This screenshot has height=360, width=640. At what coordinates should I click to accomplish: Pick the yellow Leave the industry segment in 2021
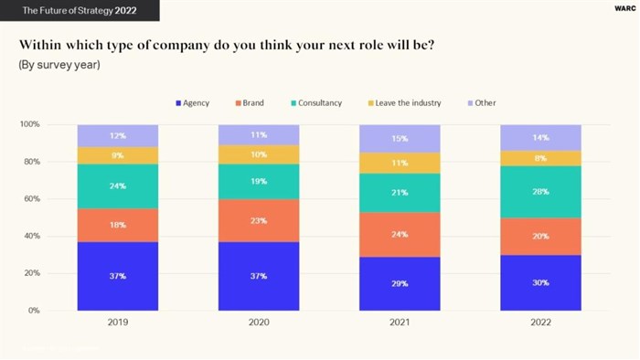(400, 163)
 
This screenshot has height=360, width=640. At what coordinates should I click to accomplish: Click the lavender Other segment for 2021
(400, 139)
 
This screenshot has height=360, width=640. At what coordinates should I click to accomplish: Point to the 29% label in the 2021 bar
(400, 283)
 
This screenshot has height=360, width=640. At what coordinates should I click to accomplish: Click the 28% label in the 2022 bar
(540, 192)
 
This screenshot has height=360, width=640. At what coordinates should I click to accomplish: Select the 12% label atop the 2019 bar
(118, 135)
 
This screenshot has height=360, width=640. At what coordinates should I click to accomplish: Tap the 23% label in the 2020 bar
(259, 220)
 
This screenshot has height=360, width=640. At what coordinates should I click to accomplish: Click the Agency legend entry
(192, 103)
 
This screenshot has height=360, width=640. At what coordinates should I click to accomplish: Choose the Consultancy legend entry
(315, 103)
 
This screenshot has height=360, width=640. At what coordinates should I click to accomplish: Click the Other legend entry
(481, 103)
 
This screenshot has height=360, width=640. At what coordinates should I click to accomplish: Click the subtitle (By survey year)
(59, 66)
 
